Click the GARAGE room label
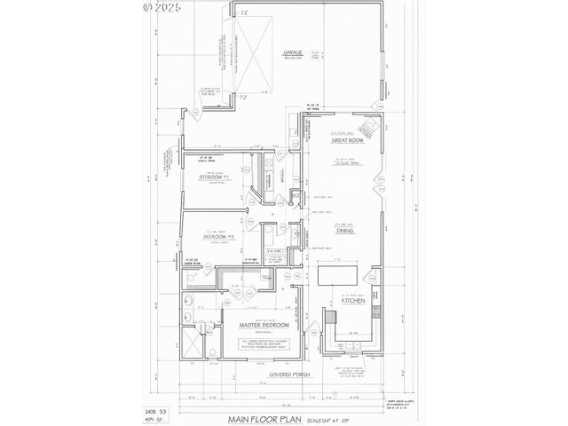point(293,53)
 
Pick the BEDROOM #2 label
point(218,237)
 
